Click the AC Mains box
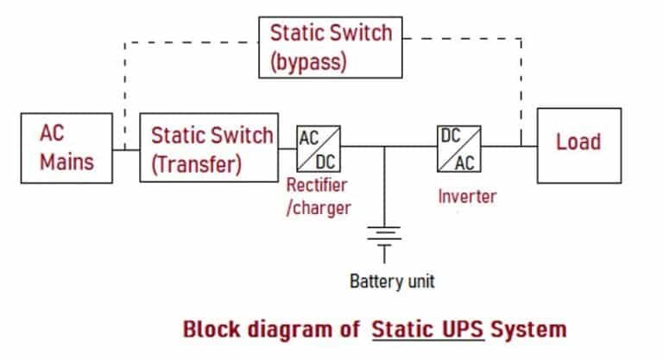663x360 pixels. [67, 147]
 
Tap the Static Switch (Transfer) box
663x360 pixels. [209, 147]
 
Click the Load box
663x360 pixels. [578, 142]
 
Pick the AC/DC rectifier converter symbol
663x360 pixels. [319, 148]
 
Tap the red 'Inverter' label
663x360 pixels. [467, 196]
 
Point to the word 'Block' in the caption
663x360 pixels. [212, 330]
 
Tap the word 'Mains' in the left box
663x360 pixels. [67, 161]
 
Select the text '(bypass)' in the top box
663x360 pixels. [308, 61]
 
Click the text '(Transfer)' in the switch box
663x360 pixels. [197, 163]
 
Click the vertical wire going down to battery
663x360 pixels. [384, 186]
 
